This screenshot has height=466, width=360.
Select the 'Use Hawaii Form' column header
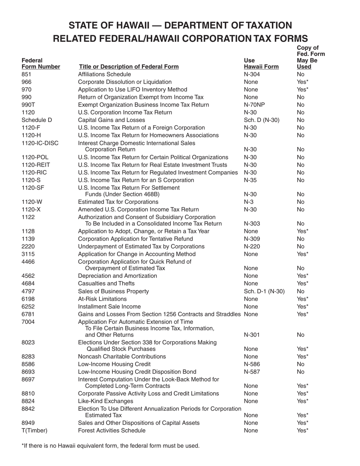[261, 64]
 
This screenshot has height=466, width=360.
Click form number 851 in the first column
[27, 74]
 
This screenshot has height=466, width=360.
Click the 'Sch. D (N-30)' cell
[262, 120]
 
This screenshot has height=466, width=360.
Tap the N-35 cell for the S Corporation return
[251, 180]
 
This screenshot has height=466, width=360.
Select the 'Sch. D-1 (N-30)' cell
[265, 291]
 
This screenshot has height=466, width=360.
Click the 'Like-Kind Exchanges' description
[105, 401]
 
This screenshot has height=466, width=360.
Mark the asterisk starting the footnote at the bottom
[23, 445]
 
